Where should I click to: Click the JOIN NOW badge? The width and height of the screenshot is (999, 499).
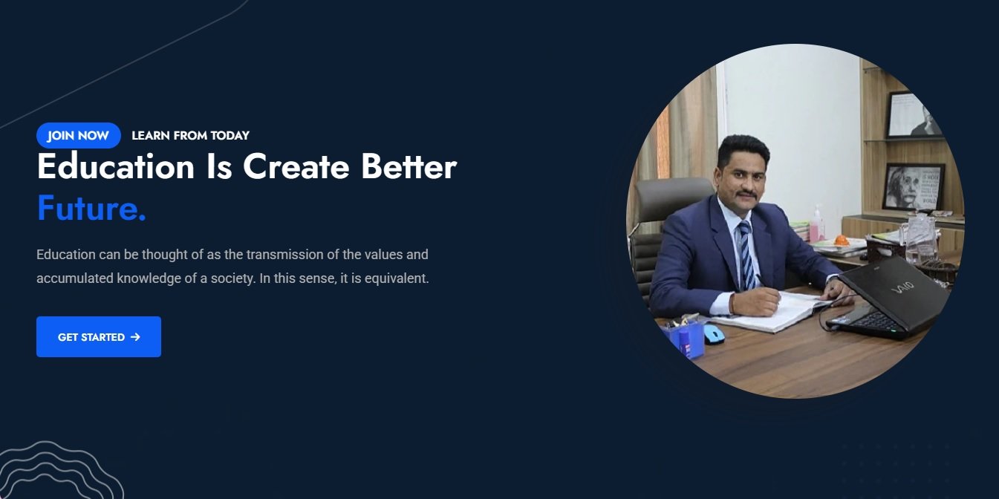[79, 135]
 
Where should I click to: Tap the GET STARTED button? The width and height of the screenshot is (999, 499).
[99, 336]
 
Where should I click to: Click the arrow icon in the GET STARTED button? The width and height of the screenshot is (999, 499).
[135, 337]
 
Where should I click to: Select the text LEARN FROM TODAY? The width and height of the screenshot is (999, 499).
[190, 136]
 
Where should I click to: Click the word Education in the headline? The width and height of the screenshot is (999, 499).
[116, 167]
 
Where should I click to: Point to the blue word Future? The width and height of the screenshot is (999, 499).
[91, 208]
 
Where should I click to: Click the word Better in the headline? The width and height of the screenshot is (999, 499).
[409, 167]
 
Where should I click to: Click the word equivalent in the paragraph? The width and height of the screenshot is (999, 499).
[397, 278]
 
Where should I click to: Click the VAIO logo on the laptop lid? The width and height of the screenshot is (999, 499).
[902, 287]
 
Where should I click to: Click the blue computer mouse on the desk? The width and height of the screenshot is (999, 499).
[714, 334]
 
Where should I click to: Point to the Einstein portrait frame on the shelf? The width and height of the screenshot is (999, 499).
[913, 187]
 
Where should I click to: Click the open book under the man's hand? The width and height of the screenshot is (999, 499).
[774, 311]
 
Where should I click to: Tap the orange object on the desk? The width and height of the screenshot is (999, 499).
[842, 241]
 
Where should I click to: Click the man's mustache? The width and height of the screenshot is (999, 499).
[746, 195]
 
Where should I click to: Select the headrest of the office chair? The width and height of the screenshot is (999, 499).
[674, 198]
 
